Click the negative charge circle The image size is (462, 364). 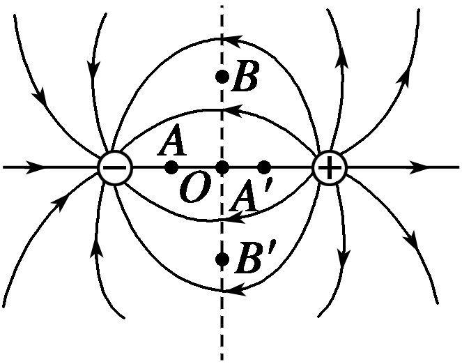coord(115,168)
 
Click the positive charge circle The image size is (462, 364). coord(330,168)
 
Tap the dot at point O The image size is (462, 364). coord(222,168)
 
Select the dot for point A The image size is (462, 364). coord(171,168)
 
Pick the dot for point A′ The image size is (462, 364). coord(264,168)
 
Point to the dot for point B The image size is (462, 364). coord(222,77)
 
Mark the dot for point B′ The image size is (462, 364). coord(222,259)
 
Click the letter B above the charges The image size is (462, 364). coord(245,75)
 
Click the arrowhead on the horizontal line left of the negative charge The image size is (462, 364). coord(35,167)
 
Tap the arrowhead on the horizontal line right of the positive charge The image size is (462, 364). coord(419,167)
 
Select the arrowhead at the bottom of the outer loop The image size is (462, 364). coord(236,289)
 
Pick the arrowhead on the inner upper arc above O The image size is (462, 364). coord(233,110)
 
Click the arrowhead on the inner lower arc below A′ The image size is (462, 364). coord(236,218)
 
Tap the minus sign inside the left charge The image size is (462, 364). coord(114,168)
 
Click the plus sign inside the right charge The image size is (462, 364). coord(330,168)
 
